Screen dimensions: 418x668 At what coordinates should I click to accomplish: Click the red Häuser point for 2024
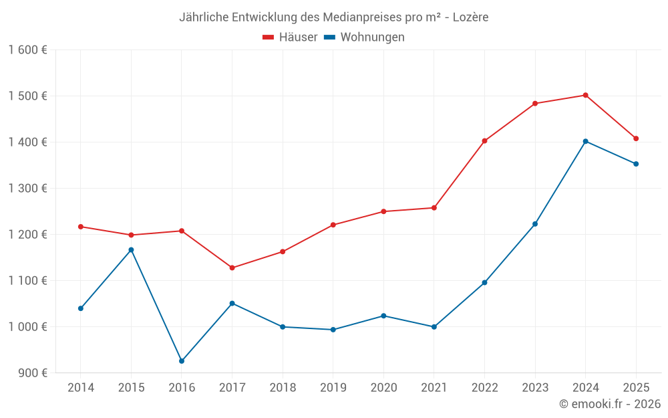[585, 95]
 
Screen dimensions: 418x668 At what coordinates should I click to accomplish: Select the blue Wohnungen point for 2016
[182, 361]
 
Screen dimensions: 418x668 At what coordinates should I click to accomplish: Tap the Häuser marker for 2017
[232, 268]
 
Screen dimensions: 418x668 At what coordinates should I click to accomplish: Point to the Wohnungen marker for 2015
[131, 250]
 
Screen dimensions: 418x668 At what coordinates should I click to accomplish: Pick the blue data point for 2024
[585, 141]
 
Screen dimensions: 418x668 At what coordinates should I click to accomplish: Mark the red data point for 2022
[484, 141]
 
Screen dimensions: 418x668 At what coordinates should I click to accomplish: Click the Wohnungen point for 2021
[434, 327]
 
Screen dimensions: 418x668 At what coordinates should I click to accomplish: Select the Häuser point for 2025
[636, 138]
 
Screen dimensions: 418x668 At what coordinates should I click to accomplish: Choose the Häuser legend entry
[290, 37]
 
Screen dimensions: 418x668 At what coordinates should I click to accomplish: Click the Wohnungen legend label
[372, 37]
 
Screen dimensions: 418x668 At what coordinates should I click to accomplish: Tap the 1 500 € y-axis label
[28, 96]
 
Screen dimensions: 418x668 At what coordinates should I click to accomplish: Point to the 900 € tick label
[32, 373]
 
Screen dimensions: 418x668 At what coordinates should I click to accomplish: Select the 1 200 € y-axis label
[28, 235]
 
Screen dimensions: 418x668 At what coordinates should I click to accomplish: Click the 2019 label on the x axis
[333, 388]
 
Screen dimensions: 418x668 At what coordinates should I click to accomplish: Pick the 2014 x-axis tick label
[81, 388]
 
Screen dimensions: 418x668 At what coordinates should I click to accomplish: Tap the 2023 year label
[535, 388]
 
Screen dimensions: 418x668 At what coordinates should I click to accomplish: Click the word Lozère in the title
[470, 17]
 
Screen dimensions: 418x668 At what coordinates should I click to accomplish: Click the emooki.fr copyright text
[610, 404]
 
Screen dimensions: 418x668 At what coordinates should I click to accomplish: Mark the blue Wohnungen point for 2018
[283, 327]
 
